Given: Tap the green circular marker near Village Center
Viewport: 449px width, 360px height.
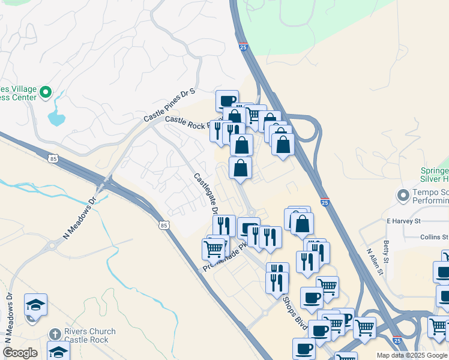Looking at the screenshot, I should click(46, 93).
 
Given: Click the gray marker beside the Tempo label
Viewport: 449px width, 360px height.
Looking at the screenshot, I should click(402, 195).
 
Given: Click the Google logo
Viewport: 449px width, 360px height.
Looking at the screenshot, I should click(20, 353).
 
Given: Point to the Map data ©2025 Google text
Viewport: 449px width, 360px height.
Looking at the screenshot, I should click(412, 355).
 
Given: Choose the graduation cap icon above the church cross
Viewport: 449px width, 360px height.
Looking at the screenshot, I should click(35, 305).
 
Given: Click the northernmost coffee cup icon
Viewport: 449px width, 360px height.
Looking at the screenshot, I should click(228, 101).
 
